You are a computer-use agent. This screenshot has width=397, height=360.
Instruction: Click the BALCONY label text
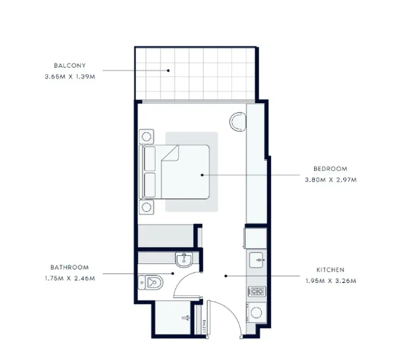[70, 65]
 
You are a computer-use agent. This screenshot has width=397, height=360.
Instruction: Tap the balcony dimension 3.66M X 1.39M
[70, 76]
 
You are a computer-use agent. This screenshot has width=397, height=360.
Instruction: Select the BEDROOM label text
[330, 169]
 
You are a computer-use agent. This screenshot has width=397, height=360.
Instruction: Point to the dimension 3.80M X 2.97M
[331, 180]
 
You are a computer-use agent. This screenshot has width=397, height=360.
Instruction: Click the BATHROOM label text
[70, 268]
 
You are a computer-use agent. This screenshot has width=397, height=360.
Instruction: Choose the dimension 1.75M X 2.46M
[70, 279]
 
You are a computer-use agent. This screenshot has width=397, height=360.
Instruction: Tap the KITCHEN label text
[330, 270]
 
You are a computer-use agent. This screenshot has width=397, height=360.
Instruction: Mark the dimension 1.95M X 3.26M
[331, 281]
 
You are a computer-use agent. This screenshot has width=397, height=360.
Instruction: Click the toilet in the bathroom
[151, 282]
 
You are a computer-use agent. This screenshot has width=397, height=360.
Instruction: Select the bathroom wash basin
[184, 260]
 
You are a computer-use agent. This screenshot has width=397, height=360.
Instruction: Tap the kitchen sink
[257, 260]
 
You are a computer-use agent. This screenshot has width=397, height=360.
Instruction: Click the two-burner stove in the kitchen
[257, 292]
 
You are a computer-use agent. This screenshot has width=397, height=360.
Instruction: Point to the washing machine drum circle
[256, 313]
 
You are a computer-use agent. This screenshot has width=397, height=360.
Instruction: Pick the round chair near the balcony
[238, 121]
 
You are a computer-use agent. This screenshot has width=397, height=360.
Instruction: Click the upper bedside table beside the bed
[147, 137]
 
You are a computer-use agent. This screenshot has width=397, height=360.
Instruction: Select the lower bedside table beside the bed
[147, 207]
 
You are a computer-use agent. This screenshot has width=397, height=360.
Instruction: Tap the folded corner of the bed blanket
[170, 153]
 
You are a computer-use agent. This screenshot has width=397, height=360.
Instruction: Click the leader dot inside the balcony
[169, 71]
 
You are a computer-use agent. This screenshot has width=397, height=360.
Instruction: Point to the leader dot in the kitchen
[226, 276]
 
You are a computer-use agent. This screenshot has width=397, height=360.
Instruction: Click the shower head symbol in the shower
[186, 318]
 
